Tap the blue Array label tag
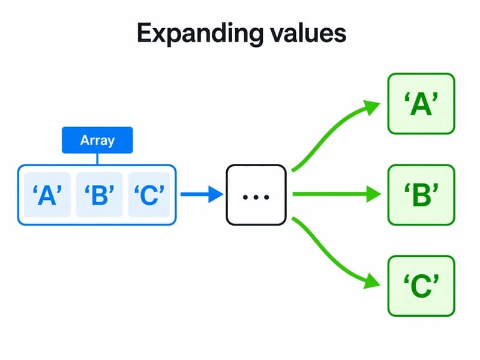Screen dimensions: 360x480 [x=97, y=141]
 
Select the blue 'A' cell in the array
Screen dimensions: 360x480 [x=46, y=195]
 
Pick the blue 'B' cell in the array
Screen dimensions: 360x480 [x=99, y=195]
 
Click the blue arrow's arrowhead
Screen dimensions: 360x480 [x=215, y=194]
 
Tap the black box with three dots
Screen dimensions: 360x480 [x=256, y=195]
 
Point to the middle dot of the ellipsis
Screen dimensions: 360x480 [x=256, y=196]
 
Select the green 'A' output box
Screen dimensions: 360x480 [x=421, y=103]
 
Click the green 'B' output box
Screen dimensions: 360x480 [x=421, y=195]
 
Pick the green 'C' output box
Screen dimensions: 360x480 [x=421, y=286]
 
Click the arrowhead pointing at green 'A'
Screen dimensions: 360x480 [x=373, y=107]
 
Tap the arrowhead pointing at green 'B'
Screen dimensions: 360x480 [x=374, y=194]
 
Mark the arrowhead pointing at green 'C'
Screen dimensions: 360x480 [x=373, y=282]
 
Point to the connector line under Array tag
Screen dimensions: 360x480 [x=97, y=159]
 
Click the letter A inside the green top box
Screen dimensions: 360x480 [x=421, y=105]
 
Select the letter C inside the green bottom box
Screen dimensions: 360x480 [x=421, y=287]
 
